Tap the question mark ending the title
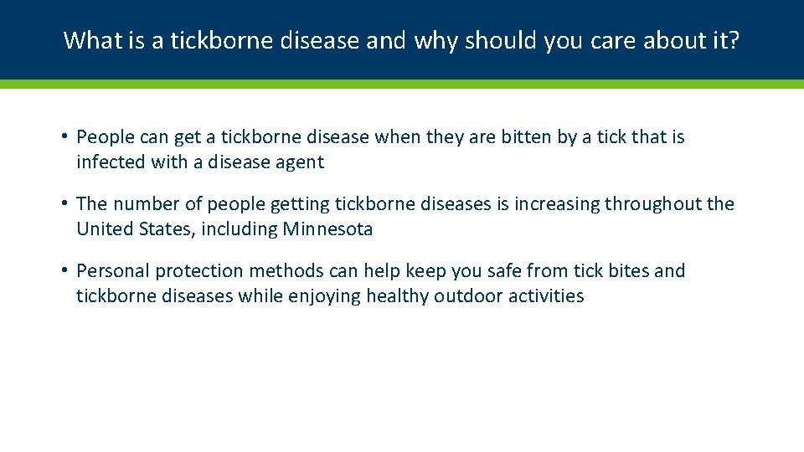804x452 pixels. coord(734,39)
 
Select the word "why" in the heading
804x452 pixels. coord(438,39)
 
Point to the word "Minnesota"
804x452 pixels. coord(327,229)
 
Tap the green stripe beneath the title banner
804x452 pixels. coord(402,84)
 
